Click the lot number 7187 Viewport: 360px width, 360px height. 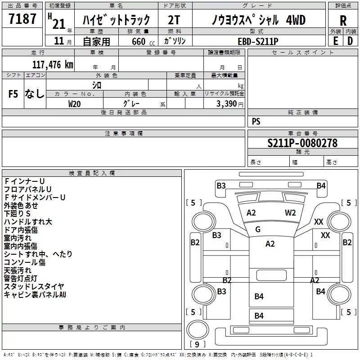[x=22, y=19]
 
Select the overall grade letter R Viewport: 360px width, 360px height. [x=343, y=20]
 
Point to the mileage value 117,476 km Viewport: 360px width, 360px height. [x=53, y=64]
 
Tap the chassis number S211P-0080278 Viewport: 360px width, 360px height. [x=302, y=143]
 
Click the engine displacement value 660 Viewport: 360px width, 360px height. [x=138, y=41]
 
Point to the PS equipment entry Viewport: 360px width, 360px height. [x=256, y=121]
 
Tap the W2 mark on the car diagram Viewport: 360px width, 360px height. [x=290, y=213]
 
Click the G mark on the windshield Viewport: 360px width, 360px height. [x=258, y=229]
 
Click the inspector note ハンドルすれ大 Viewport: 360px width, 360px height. [x=28, y=221]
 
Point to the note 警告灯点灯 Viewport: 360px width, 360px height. [x=21, y=278]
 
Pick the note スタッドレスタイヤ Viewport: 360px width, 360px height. [x=34, y=286]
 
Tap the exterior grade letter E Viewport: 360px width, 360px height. [x=335, y=41]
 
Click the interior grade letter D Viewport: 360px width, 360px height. [x=350, y=41]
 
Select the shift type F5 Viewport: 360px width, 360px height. [x=13, y=94]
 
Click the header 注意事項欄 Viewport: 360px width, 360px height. [x=124, y=134]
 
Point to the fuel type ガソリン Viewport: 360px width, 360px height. [x=175, y=40]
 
